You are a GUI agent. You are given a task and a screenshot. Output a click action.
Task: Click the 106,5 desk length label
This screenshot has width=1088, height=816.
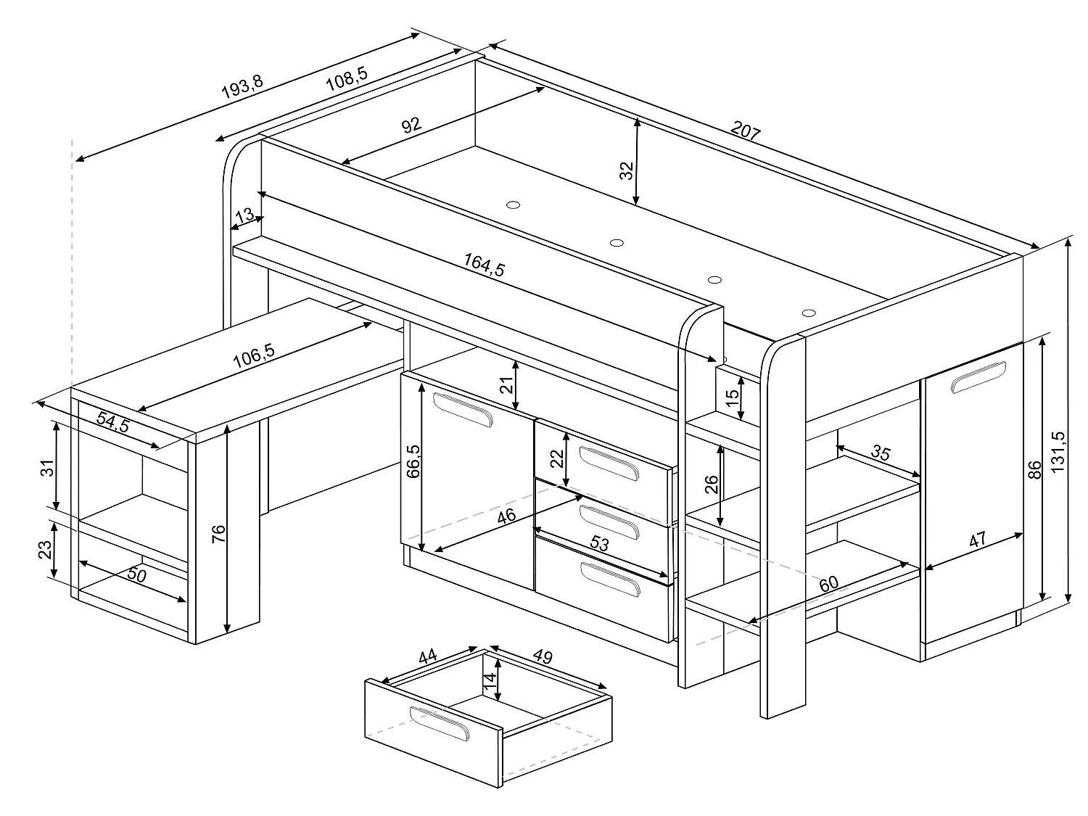tap(254, 353)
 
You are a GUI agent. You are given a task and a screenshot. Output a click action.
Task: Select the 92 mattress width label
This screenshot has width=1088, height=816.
tap(411, 125)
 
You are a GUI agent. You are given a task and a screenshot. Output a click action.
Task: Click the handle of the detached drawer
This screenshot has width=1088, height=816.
tap(440, 723)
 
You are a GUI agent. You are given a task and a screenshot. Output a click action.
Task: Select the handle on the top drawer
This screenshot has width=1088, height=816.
tap(609, 463)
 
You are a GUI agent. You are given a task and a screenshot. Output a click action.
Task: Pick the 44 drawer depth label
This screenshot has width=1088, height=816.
tap(427, 657)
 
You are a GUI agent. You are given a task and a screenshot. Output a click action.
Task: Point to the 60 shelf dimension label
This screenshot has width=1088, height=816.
tap(829, 583)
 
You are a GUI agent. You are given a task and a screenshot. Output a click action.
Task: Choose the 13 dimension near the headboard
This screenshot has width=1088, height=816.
tap(245, 215)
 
